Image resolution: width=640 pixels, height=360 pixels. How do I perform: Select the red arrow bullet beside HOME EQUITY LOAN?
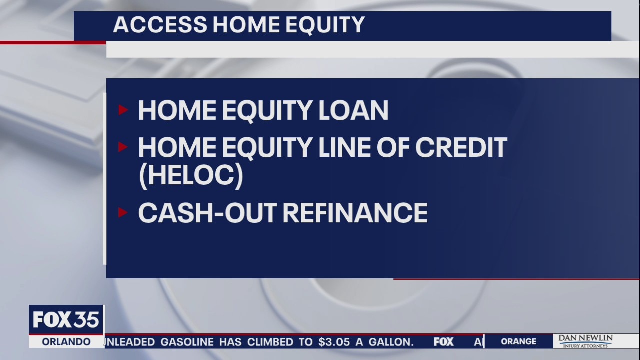(x=123, y=110)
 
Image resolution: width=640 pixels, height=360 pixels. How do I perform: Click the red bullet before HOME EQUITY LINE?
(x=123, y=147)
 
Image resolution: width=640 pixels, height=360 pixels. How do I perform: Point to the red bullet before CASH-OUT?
(x=123, y=212)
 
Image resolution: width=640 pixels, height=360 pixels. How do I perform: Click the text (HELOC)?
(x=190, y=176)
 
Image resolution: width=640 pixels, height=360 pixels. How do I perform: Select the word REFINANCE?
(x=355, y=213)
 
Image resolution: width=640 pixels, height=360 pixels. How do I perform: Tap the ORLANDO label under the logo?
(x=66, y=342)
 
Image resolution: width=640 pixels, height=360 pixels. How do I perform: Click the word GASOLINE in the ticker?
(x=187, y=342)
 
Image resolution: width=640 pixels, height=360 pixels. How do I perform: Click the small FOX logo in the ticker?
(x=443, y=342)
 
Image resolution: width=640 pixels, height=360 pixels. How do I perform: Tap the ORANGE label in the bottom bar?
(x=518, y=342)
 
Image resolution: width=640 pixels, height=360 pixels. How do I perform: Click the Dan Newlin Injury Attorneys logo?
(x=585, y=341)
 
